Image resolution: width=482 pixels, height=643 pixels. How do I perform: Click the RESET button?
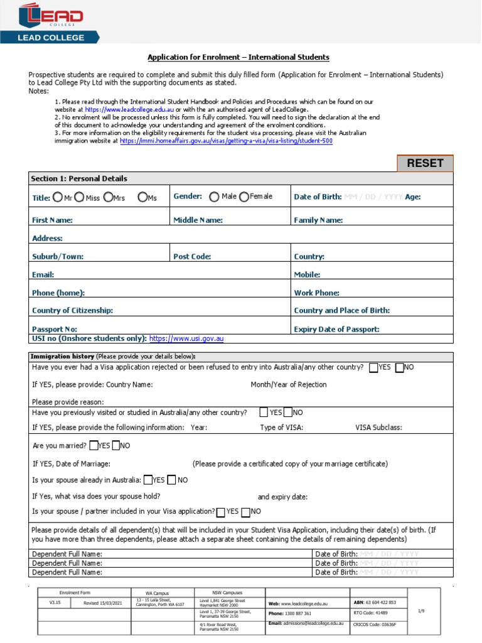(x=425, y=163)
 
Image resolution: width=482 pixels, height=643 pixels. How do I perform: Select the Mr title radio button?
(x=58, y=197)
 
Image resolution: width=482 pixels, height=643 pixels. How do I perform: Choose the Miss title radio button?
(x=79, y=197)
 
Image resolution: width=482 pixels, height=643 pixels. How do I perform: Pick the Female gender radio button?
(x=244, y=197)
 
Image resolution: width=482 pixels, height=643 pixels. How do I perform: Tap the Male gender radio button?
(x=214, y=197)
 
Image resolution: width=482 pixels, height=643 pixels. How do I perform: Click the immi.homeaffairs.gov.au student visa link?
(x=226, y=141)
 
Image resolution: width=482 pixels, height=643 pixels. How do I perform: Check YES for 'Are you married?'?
(x=94, y=446)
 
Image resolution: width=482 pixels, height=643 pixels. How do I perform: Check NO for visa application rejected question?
(x=400, y=367)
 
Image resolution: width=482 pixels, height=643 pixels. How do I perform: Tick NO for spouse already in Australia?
(x=172, y=480)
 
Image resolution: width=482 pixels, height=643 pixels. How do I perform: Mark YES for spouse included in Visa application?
(x=220, y=512)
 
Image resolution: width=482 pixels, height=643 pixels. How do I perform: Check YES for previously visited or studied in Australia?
(x=264, y=413)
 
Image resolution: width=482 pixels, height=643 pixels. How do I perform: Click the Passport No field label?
(x=55, y=329)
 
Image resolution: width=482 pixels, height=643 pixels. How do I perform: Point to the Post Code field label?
(x=192, y=256)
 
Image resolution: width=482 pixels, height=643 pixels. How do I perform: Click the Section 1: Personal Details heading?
(x=79, y=178)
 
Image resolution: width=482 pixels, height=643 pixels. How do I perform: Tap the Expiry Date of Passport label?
(x=336, y=329)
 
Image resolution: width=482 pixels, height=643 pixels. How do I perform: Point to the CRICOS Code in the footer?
(x=375, y=624)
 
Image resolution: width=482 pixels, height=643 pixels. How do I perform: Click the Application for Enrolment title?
(x=238, y=57)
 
